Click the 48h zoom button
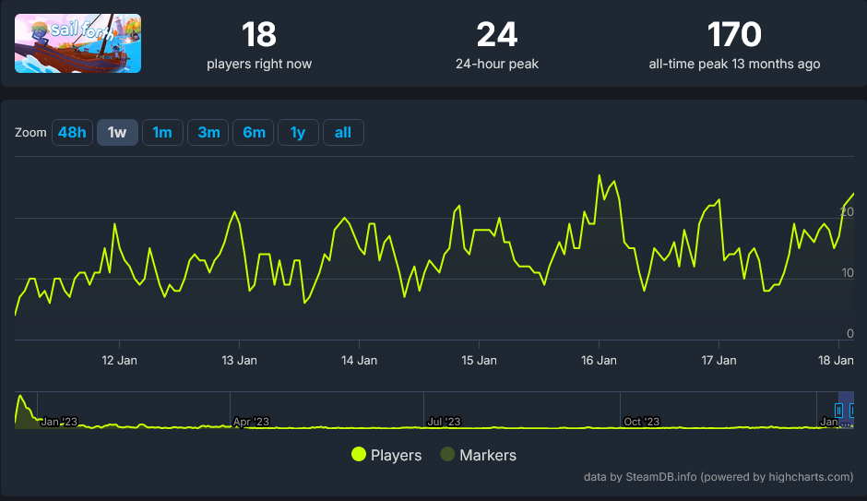tap(72, 133)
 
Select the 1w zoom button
tap(117, 133)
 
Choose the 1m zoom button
tap(162, 133)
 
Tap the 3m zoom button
tap(208, 133)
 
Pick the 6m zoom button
tap(254, 133)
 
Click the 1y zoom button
tap(298, 133)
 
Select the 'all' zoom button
tap(343, 133)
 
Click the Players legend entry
tap(386, 455)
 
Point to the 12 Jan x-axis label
tap(119, 360)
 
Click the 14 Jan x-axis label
tap(359, 360)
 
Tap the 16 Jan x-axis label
tap(599, 360)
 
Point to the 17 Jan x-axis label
tap(719, 360)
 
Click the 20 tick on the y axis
tap(848, 212)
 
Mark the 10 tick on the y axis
tap(848, 273)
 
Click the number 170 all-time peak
tap(734, 35)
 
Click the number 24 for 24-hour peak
tap(497, 35)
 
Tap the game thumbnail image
tap(78, 43)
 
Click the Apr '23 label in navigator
tap(250, 422)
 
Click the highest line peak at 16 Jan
tap(600, 175)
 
